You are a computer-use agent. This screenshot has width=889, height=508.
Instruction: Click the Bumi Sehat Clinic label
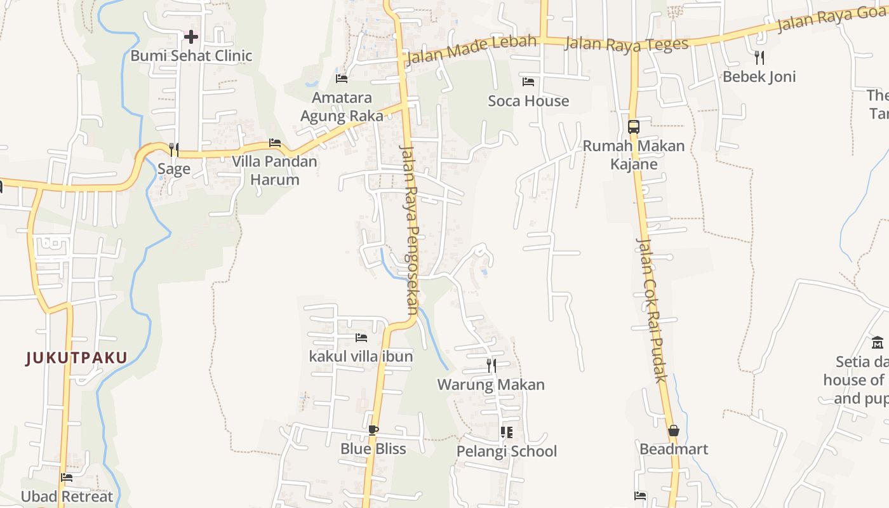[x=191, y=56]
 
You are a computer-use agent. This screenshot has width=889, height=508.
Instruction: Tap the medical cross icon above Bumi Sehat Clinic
[x=190, y=37]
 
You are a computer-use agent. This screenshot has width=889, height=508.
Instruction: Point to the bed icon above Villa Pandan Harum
[x=274, y=143]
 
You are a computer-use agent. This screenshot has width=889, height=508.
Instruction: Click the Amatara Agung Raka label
[x=342, y=107]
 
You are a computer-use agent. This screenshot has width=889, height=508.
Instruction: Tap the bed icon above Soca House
[x=528, y=82]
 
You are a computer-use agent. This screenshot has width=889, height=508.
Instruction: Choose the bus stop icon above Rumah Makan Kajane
[x=633, y=126]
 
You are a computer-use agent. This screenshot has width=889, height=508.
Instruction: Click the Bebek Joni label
[x=759, y=77]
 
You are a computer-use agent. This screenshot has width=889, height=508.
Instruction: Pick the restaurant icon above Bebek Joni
[x=759, y=58]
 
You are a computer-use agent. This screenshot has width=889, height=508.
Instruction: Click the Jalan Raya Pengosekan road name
[x=410, y=230]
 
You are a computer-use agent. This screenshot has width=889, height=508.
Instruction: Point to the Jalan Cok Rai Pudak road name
[x=652, y=310]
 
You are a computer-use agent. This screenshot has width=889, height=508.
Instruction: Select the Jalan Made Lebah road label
[x=471, y=50]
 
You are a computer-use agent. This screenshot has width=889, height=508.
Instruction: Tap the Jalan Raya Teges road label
[x=626, y=44]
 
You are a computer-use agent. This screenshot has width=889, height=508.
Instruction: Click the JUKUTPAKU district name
[x=77, y=358]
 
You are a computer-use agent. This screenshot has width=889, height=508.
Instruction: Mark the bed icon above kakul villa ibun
[x=361, y=338]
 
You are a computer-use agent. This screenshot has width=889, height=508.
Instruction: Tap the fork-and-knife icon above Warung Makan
[x=491, y=366]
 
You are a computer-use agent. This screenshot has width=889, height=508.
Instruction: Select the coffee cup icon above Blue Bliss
[x=373, y=430]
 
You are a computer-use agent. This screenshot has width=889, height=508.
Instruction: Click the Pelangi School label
[x=507, y=451]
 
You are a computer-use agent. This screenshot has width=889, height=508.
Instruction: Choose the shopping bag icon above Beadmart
[x=674, y=431]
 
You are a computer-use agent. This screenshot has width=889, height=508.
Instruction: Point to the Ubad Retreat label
[x=67, y=497]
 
